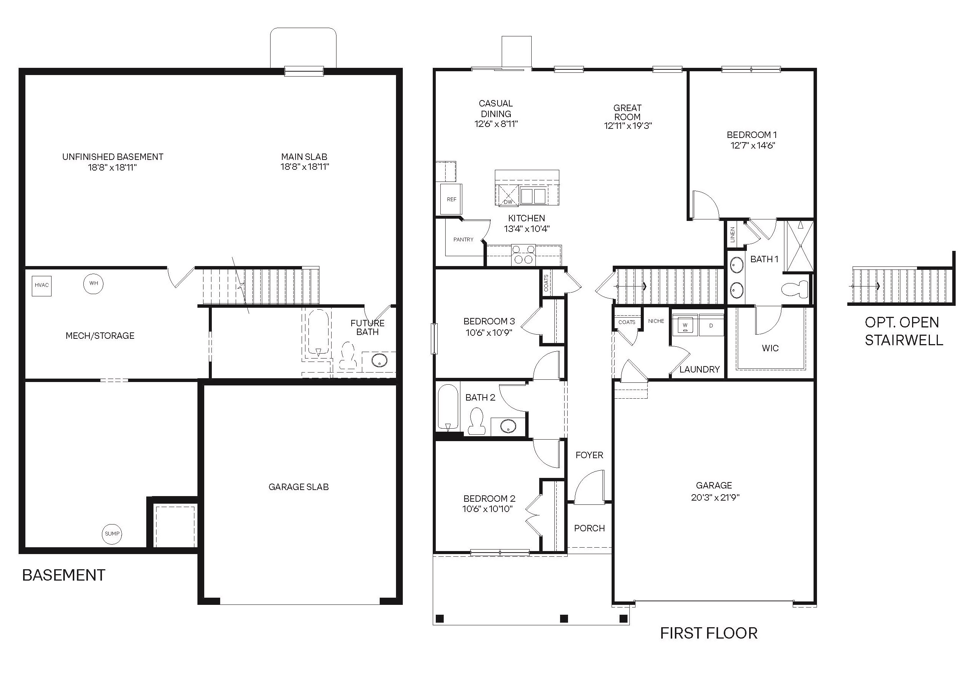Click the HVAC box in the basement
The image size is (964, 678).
pyautogui.click(x=42, y=285)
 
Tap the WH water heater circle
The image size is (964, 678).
pyautogui.click(x=93, y=283)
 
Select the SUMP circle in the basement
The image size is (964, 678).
pyautogui.click(x=112, y=534)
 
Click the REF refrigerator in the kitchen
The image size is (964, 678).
pyautogui.click(x=451, y=199)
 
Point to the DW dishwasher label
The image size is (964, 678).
pyautogui.click(x=508, y=202)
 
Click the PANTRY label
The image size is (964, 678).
pyautogui.click(x=463, y=240)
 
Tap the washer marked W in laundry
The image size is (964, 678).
pyautogui.click(x=685, y=325)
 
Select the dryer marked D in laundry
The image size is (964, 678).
pyautogui.click(x=711, y=325)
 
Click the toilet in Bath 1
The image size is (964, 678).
pyautogui.click(x=795, y=289)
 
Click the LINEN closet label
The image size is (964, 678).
pyautogui.click(x=732, y=235)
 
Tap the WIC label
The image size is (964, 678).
pyautogui.click(x=770, y=348)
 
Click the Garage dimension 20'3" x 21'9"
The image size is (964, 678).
pyautogui.click(x=715, y=498)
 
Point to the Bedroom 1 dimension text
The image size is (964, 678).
pyautogui.click(x=753, y=146)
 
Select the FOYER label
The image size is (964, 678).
pyautogui.click(x=589, y=455)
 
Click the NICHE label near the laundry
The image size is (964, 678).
pyautogui.click(x=656, y=321)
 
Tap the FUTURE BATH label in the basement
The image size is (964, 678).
pyautogui.click(x=368, y=327)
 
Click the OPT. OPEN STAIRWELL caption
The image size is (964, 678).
pyautogui.click(x=903, y=331)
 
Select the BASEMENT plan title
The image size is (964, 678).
pyautogui.click(x=63, y=575)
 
